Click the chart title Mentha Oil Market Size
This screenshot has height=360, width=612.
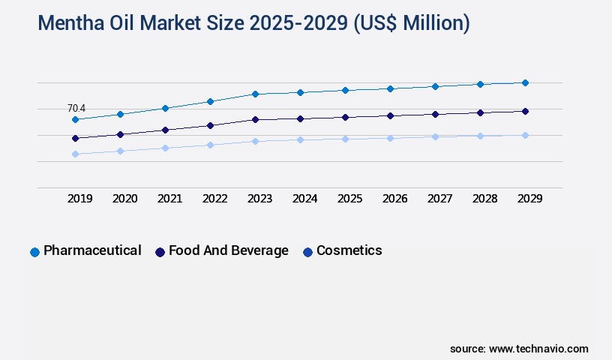(x=253, y=24)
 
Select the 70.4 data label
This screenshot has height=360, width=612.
(x=76, y=109)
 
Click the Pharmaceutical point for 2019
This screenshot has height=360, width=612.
(x=75, y=119)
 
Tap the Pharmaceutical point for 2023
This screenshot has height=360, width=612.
(x=255, y=94)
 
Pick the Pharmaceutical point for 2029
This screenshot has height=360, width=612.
(x=525, y=82)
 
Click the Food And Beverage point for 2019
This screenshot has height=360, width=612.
(x=75, y=138)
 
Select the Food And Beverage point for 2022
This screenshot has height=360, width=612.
(x=210, y=125)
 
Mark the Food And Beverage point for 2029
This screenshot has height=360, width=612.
(x=525, y=111)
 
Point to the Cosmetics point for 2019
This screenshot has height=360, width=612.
(x=75, y=154)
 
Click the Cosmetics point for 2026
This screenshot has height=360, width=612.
(x=390, y=138)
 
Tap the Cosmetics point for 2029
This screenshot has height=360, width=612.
(x=525, y=135)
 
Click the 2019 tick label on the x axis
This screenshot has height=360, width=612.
(x=80, y=199)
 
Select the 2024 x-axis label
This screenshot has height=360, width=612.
(x=305, y=199)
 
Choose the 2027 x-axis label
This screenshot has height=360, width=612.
(x=440, y=199)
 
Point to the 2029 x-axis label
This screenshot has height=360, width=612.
(x=530, y=199)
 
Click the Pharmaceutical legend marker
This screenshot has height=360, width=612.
(x=34, y=252)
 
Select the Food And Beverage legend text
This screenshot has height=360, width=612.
(x=229, y=250)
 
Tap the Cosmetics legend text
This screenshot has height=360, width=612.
(x=349, y=250)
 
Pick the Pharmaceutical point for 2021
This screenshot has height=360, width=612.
(x=165, y=108)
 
